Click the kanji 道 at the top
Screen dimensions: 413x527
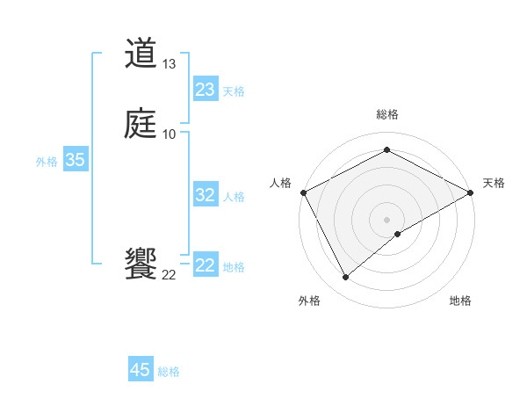[141, 54]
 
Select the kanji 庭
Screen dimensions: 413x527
[141, 124]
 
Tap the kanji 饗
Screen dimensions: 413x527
[141, 264]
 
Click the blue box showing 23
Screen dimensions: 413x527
[205, 90]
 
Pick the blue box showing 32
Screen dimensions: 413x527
[205, 195]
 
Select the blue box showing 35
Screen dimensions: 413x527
[75, 160]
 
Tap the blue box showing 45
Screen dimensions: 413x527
[141, 370]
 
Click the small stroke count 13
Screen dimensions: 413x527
[170, 64]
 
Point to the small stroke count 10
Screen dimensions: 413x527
[170, 134]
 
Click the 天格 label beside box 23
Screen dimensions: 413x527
[234, 91]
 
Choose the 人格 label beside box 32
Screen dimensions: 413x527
[234, 197]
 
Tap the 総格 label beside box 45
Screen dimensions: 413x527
[170, 372]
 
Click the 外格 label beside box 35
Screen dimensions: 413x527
[47, 162]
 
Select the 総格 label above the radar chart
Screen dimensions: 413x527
[386, 114]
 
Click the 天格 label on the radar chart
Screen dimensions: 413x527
[494, 183]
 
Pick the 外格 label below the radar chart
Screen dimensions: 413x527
[309, 301]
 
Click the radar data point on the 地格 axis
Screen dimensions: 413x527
[398, 234]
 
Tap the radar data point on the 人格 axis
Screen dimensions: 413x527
[302, 192]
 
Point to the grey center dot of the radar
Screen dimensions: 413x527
[386, 219]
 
